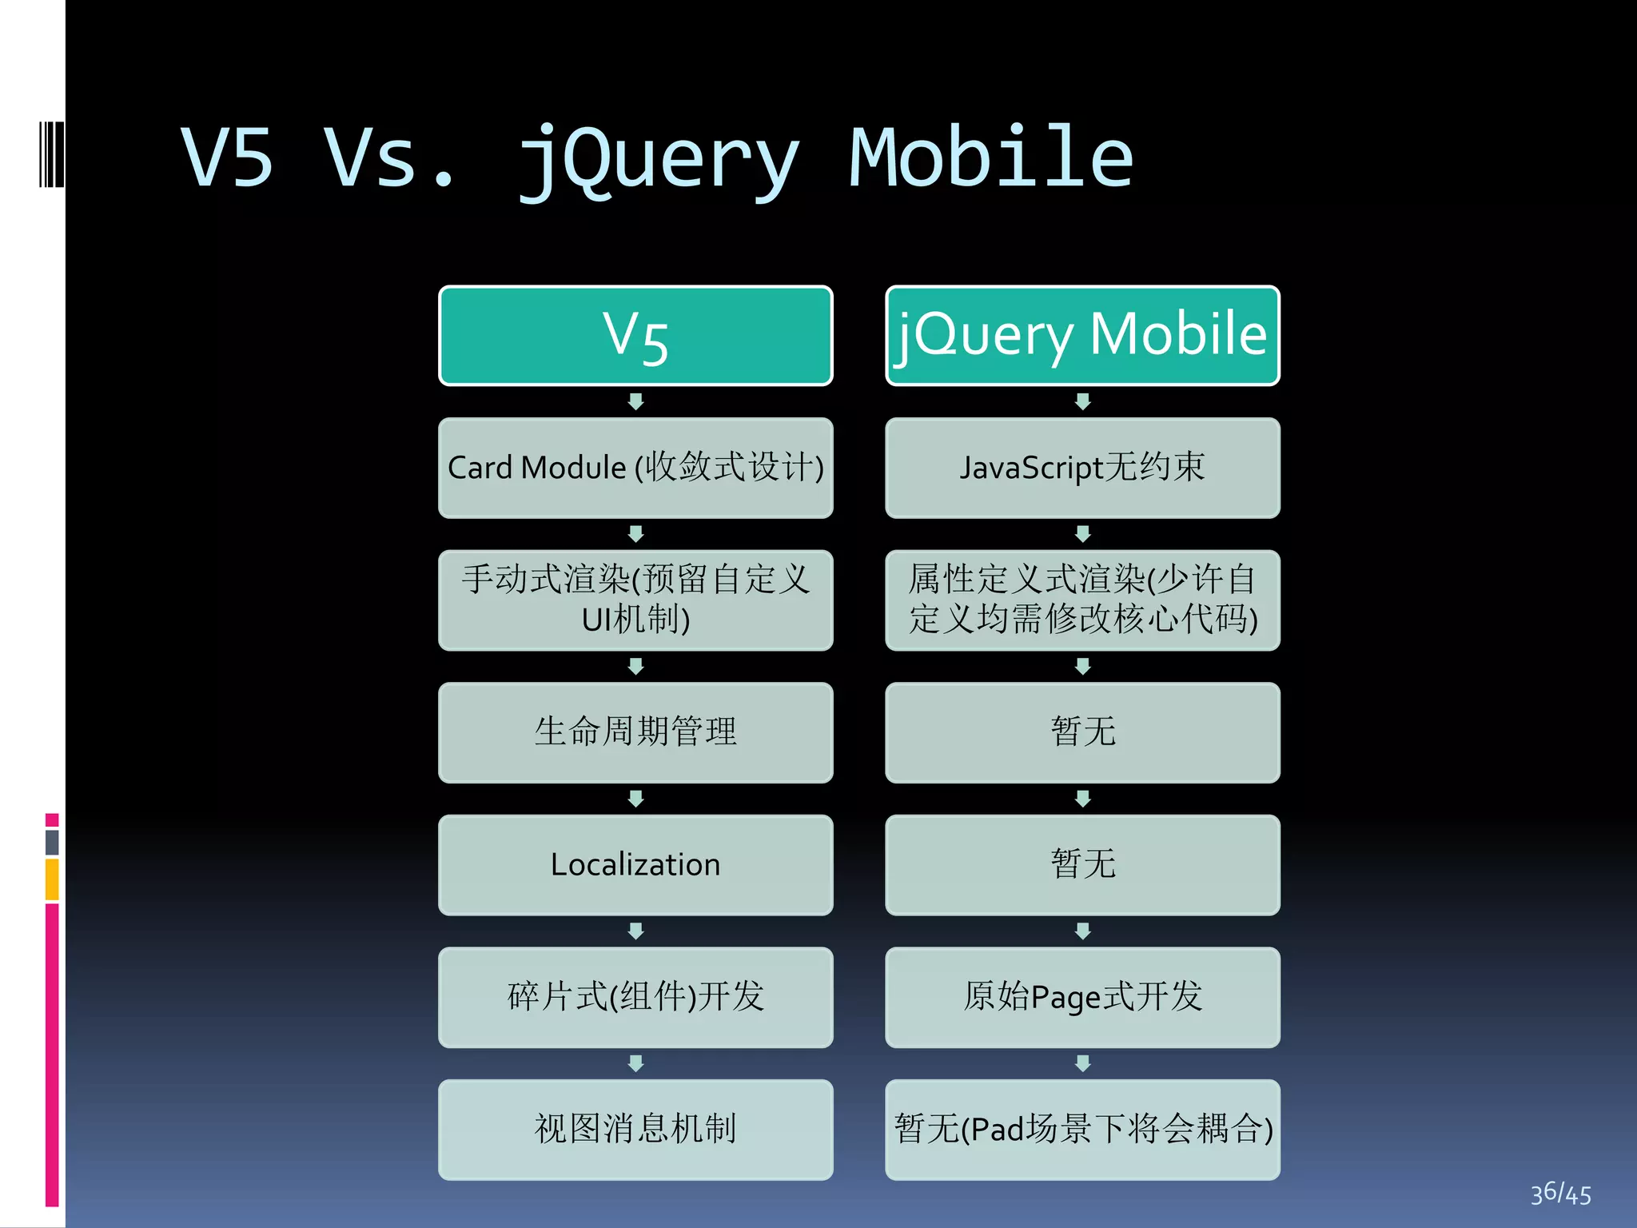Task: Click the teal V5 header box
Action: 635,336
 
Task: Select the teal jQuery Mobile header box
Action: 1082,336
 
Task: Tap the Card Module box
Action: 635,468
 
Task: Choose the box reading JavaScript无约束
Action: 1082,468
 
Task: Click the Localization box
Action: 635,865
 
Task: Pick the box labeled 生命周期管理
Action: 635,732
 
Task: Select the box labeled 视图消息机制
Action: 635,1130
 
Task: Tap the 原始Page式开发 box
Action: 1082,997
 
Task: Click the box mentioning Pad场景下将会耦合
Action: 1082,1130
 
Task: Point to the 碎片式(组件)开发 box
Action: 635,997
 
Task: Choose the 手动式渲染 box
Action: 635,600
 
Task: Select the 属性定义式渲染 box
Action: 1082,600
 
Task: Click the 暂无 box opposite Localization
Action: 1082,865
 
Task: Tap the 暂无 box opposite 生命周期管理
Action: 1082,732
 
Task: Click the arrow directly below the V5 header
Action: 635,401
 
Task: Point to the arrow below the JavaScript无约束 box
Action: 1082,533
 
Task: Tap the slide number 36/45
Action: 1559,1194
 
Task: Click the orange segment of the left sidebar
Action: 52,879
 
